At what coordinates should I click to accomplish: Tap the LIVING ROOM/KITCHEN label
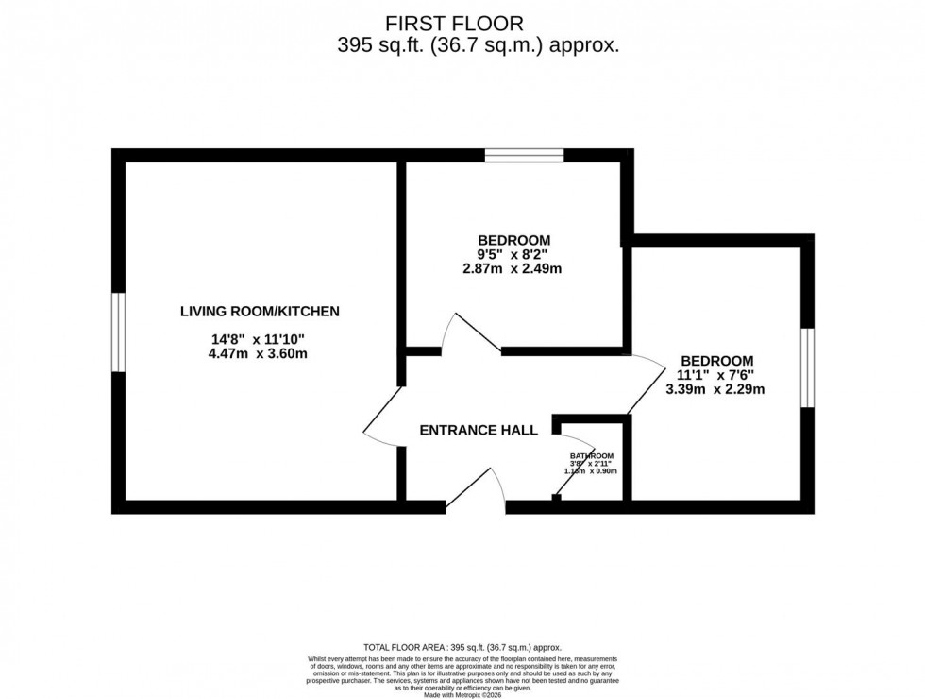click(x=260, y=311)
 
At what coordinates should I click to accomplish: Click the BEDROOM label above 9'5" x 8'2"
click(x=513, y=240)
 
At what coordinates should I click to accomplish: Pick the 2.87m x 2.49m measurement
click(x=513, y=268)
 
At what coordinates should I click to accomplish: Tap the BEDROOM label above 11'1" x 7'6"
click(x=717, y=361)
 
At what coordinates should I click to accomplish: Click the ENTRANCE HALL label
click(x=479, y=431)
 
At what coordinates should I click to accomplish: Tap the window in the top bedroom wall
click(x=525, y=155)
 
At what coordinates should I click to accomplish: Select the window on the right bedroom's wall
click(x=807, y=367)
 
